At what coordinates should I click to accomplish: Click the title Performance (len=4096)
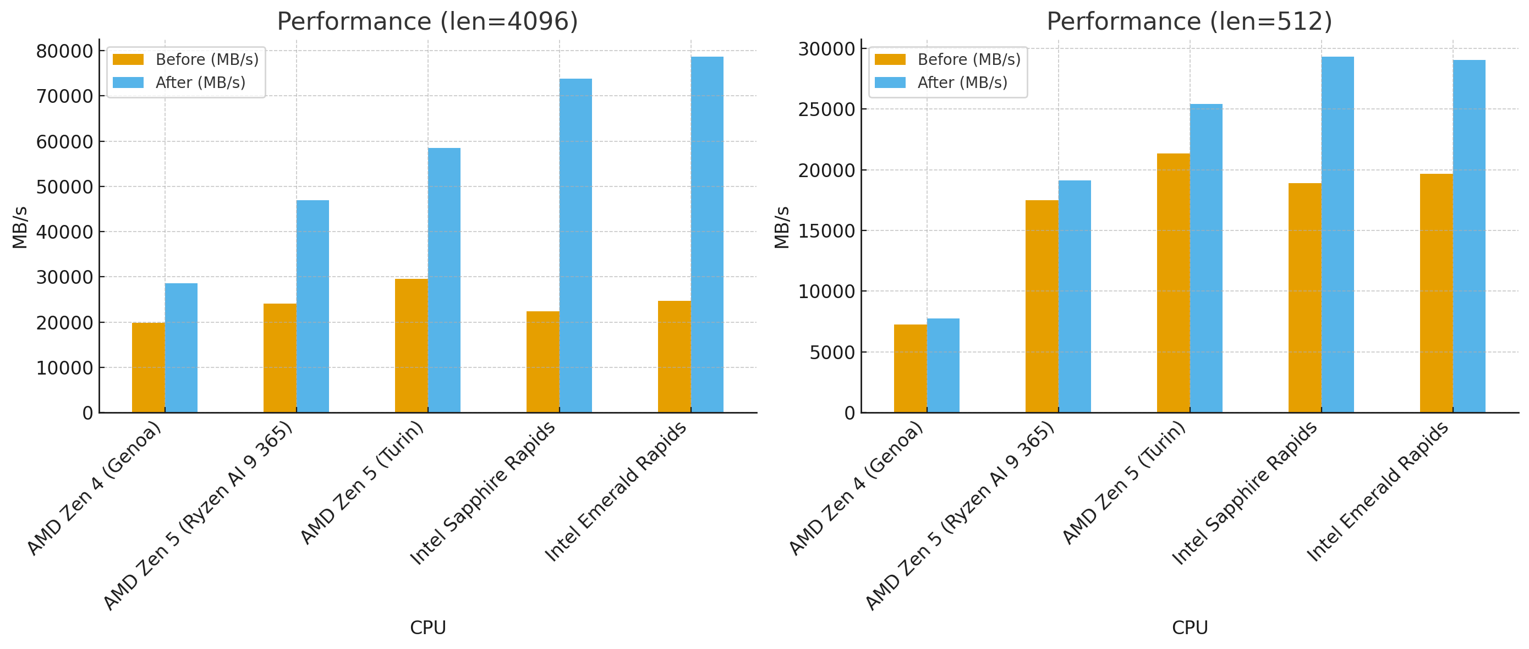(428, 21)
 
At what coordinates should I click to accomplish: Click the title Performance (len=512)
(1189, 21)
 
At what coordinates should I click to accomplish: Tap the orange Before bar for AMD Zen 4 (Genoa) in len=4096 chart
(149, 367)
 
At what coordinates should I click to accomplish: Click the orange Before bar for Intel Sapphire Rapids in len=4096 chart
(542, 362)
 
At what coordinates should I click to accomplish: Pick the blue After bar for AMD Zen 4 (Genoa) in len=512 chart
(942, 365)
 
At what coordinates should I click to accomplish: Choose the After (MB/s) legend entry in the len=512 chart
(962, 82)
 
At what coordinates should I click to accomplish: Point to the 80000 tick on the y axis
(64, 51)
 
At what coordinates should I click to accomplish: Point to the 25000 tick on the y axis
(826, 110)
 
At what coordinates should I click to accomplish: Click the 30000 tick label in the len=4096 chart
(64, 277)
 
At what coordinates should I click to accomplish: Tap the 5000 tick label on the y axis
(832, 353)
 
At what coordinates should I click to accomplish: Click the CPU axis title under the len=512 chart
(1190, 628)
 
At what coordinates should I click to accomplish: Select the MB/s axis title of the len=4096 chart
(20, 227)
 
